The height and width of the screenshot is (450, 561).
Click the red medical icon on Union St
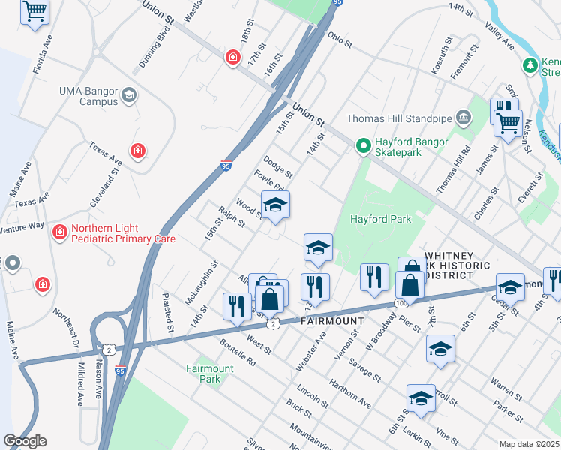[233, 57]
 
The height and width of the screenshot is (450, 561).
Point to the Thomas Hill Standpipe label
[397, 118]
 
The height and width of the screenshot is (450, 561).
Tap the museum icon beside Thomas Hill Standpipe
[463, 117]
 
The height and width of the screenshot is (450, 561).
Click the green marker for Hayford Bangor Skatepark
[364, 145]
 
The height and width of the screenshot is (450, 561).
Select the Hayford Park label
[381, 219]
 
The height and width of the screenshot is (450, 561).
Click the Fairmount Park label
[210, 373]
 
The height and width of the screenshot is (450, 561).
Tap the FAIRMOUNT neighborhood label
[332, 320]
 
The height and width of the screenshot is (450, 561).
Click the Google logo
[25, 440]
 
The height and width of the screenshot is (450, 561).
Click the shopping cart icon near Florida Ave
[34, 12]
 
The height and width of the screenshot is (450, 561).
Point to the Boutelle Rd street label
[238, 352]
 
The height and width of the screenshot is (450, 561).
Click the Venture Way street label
[22, 229]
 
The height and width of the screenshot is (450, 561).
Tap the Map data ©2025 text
[529, 444]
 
